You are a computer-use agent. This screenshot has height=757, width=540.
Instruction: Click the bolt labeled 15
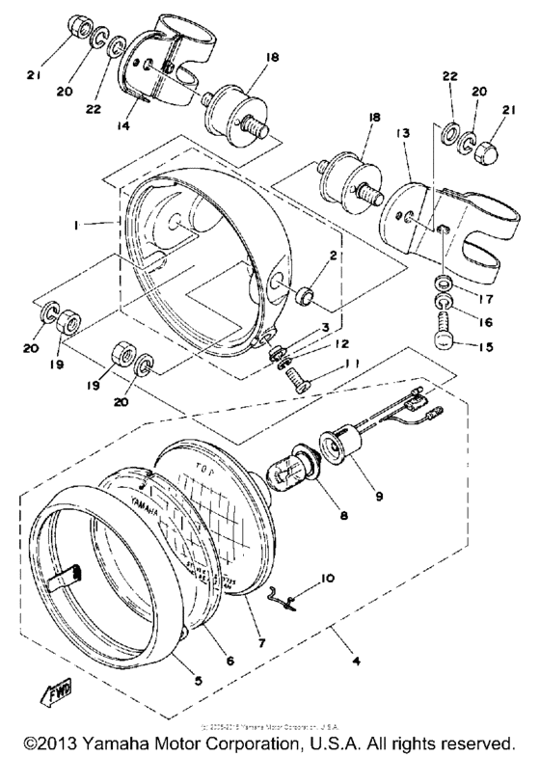point(445,345)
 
